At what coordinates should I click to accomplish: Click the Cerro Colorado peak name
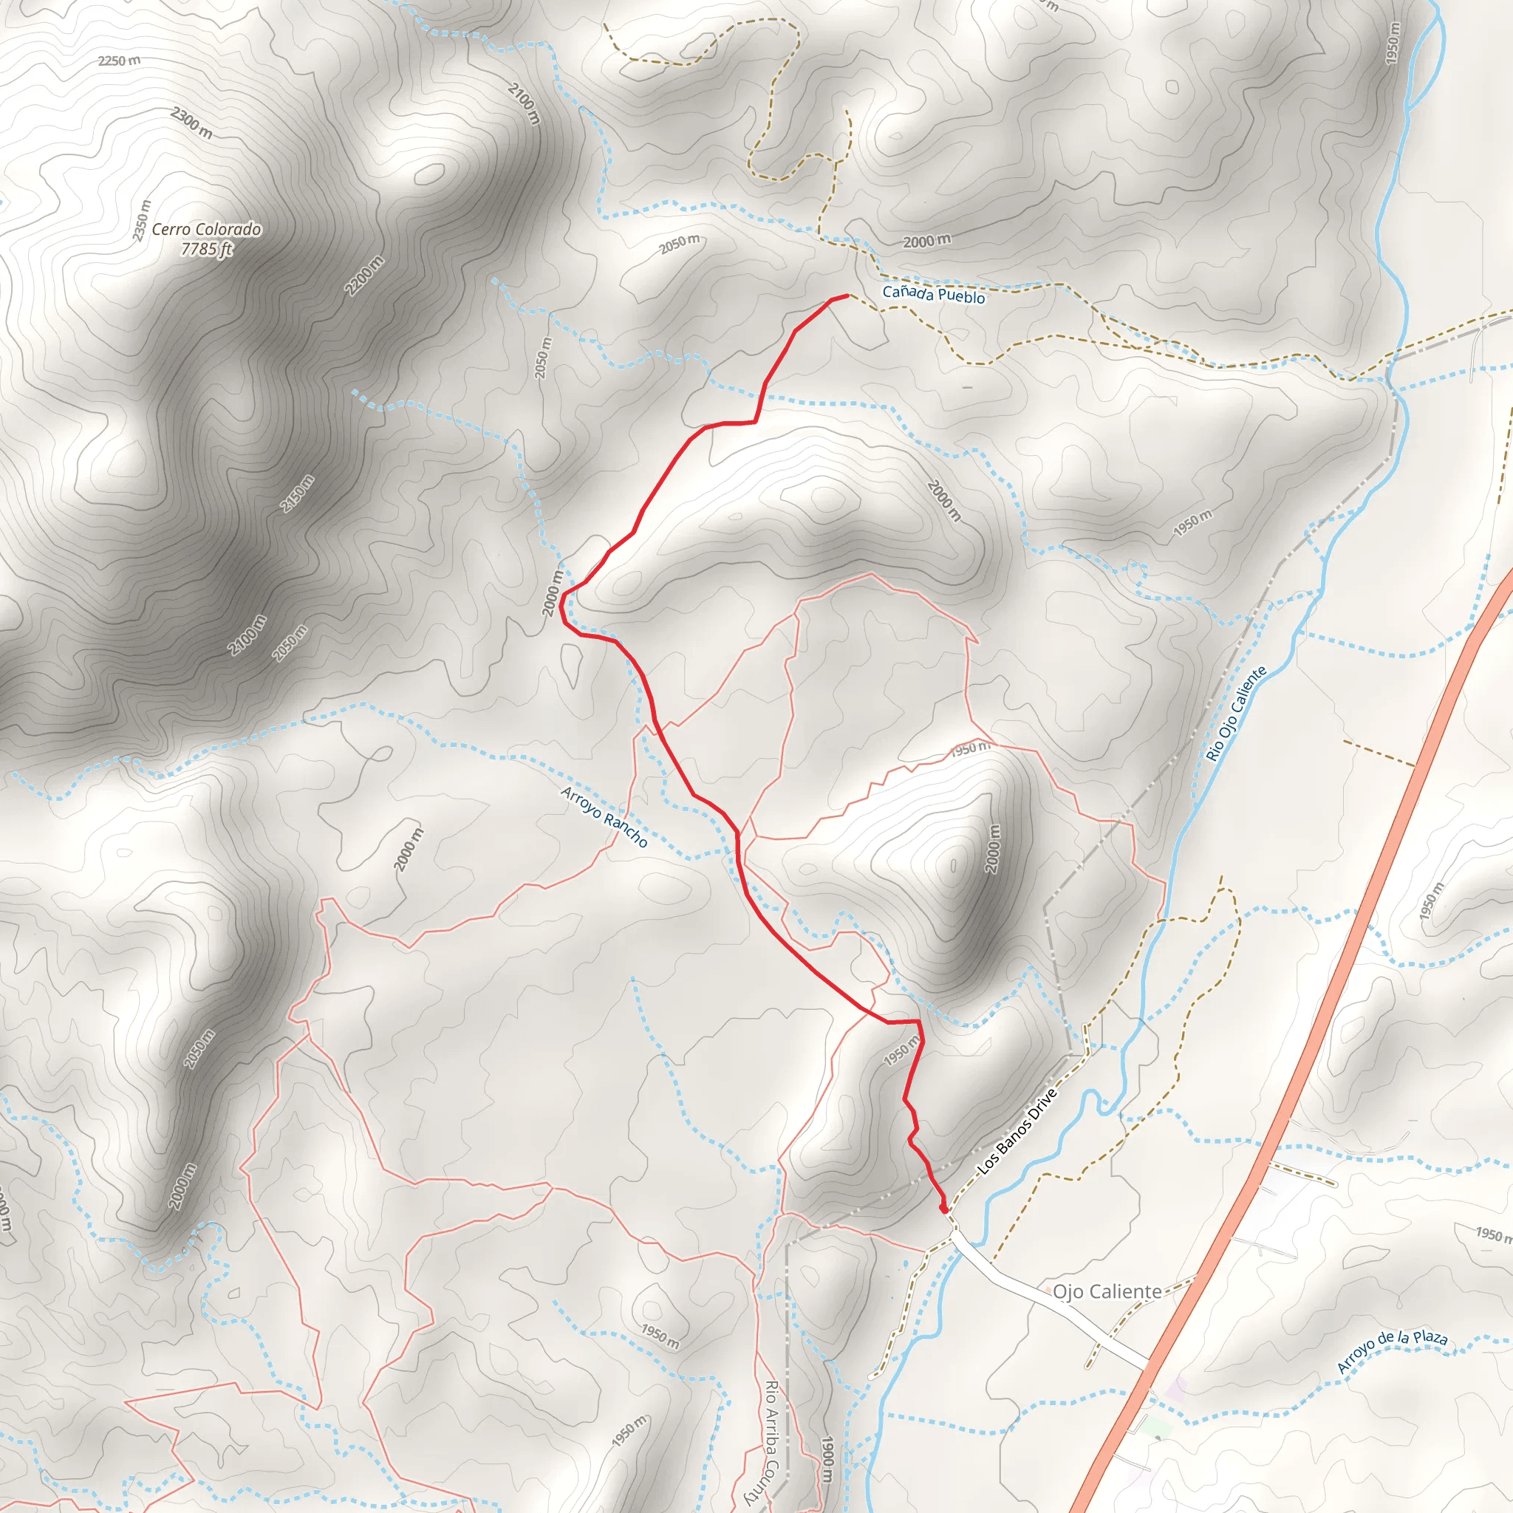click(x=206, y=230)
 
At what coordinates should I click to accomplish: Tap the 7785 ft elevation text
click(x=207, y=249)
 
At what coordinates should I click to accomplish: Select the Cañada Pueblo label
click(x=934, y=295)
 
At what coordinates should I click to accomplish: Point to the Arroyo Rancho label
click(x=604, y=818)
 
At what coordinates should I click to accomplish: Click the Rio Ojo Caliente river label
click(x=1237, y=714)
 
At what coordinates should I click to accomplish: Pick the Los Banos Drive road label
click(x=1017, y=1132)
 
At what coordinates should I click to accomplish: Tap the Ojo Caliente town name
click(x=1107, y=1291)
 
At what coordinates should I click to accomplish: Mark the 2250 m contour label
click(x=119, y=61)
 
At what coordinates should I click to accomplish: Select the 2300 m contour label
click(x=191, y=123)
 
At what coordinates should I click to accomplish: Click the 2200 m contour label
click(x=364, y=276)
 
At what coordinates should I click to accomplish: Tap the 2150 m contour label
click(x=298, y=493)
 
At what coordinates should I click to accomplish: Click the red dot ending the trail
click(x=943, y=1210)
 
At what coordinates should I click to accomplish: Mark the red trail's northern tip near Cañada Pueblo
click(x=847, y=296)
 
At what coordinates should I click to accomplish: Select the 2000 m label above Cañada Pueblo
click(x=927, y=241)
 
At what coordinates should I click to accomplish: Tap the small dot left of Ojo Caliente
click(x=1048, y=1289)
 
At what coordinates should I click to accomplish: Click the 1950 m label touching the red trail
click(x=902, y=1051)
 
